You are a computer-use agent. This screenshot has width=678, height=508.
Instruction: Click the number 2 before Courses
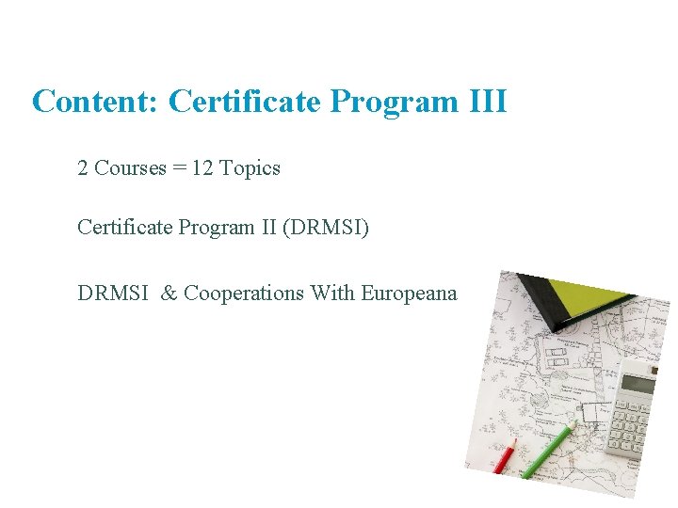[83, 168]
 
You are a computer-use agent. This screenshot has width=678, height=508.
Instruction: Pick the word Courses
[130, 168]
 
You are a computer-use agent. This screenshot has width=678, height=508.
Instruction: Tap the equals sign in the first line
[178, 168]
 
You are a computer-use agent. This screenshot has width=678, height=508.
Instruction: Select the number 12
[202, 168]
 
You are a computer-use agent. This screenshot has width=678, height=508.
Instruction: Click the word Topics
[250, 168]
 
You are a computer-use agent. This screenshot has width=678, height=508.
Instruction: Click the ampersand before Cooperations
[169, 293]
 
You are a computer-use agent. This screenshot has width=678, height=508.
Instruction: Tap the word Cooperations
[244, 293]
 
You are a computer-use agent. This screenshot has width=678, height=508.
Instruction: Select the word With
[332, 293]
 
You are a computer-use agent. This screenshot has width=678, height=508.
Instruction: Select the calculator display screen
[638, 384]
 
